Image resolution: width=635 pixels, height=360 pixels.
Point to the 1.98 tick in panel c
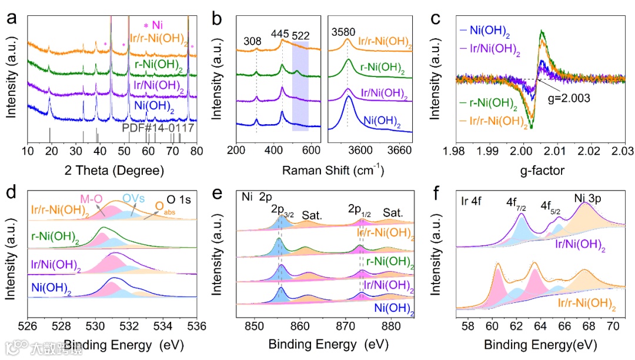455,152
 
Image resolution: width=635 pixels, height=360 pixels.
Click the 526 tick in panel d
28,325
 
